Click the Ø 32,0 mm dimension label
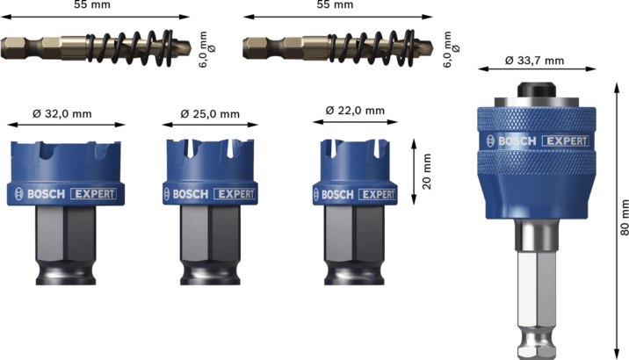click(62, 114)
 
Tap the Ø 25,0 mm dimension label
click(210, 114)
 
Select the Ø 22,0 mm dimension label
click(355, 111)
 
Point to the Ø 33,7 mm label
click(534, 61)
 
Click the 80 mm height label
click(624, 217)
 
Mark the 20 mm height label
click(426, 171)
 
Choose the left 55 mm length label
click(92, 4)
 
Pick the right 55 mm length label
click(335, 4)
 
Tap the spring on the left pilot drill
click(130, 47)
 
